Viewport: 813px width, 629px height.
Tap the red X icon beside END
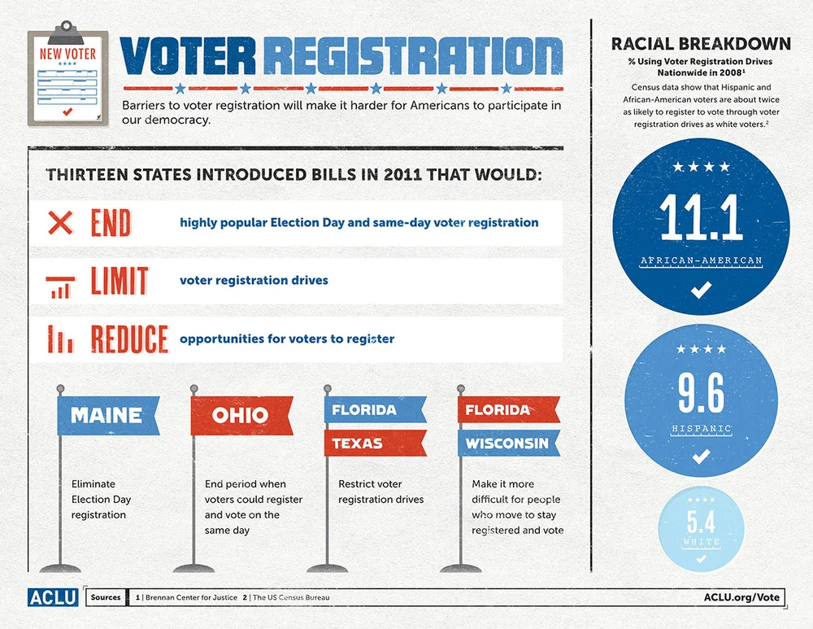point(61,222)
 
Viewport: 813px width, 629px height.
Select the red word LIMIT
point(119,281)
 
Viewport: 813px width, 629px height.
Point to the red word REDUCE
point(128,339)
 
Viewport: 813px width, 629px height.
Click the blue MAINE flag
point(107,415)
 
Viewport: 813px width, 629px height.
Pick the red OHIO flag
point(241,415)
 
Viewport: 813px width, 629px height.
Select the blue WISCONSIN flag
point(507,444)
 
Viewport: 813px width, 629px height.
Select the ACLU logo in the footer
point(53,596)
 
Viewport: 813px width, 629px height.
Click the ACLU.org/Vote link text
point(741,597)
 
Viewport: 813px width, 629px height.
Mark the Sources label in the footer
point(106,597)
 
